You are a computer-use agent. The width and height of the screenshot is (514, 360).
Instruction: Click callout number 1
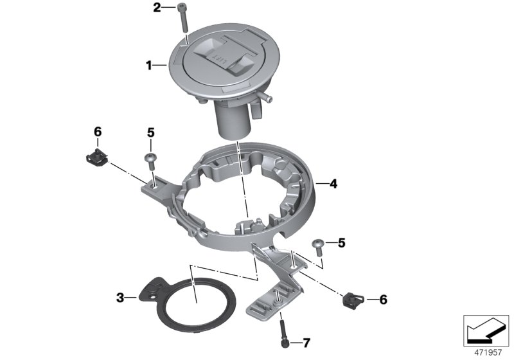coord(148,65)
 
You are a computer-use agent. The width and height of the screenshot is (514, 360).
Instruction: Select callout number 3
coord(120,297)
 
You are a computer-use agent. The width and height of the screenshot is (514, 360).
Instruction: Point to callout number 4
coord(333,184)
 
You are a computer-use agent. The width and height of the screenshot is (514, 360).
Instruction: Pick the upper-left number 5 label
coord(151,132)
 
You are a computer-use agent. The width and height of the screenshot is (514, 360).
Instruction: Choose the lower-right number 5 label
coord(341,243)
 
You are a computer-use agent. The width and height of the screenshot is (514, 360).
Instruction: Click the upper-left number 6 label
coord(98,132)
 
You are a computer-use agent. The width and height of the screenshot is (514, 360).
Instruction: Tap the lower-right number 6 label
coord(384,299)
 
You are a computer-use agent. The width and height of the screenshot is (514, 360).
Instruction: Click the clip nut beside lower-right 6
coord(351,298)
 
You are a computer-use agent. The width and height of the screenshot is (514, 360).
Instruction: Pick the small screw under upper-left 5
coord(151,159)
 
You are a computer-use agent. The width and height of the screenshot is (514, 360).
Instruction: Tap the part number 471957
coord(487,352)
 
